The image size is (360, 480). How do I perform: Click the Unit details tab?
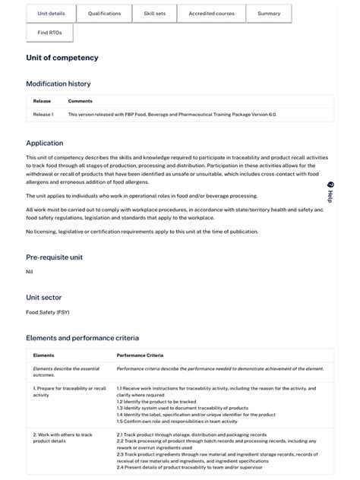51,14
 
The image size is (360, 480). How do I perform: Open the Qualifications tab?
104,14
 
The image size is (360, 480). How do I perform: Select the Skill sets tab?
155,14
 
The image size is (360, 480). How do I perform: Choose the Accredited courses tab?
211,14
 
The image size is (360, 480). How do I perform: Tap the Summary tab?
269,14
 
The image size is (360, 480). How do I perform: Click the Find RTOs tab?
49,33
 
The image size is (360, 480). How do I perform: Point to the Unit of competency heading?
62,58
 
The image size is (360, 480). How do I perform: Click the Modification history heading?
58,84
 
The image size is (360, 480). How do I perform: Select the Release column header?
42,101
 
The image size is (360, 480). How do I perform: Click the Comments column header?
80,101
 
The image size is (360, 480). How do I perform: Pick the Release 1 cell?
43,115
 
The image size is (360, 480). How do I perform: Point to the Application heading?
45,143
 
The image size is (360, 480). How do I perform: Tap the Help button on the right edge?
330,191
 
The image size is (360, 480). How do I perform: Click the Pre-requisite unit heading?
54,257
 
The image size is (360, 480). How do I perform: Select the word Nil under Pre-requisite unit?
30,271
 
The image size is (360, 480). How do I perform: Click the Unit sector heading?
44,298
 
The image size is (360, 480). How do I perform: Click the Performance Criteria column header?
140,355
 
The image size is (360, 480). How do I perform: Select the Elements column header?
44,355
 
